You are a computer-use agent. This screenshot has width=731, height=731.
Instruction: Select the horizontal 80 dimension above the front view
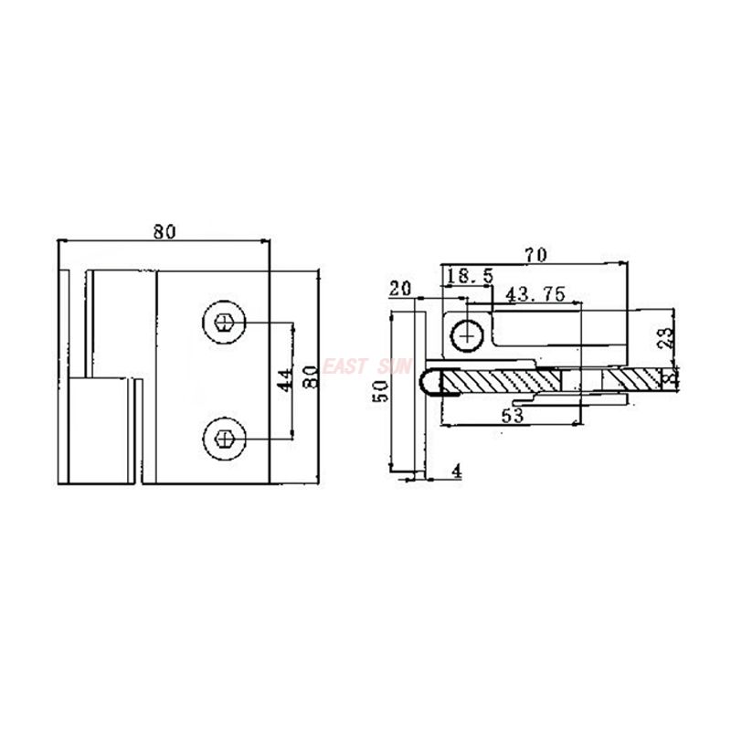tap(164, 232)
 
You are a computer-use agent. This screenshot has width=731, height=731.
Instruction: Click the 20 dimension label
tap(399, 288)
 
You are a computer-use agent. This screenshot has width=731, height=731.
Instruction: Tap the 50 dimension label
tap(383, 391)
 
